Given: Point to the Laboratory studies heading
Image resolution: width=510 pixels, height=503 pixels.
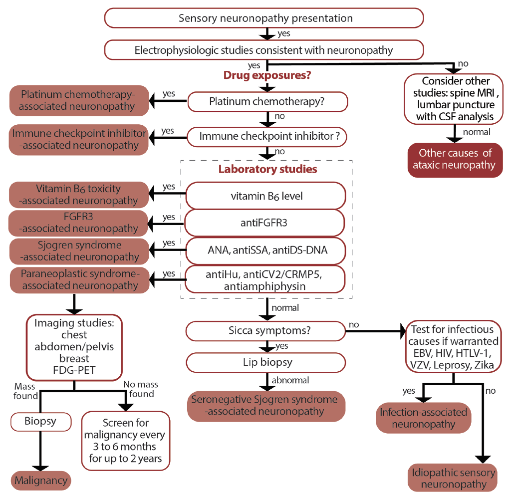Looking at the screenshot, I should pyautogui.click(x=267, y=169).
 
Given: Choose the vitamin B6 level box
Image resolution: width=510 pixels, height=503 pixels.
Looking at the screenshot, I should pyautogui.click(x=266, y=196).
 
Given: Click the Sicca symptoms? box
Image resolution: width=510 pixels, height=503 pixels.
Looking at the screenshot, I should pyautogui.click(x=266, y=330).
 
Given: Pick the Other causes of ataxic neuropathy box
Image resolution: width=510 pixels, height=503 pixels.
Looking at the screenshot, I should pyautogui.click(x=454, y=160).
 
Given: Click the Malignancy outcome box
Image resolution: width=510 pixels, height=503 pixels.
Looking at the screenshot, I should pyautogui.click(x=41, y=481).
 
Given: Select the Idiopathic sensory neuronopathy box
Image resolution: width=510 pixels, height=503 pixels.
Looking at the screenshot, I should pyautogui.click(x=454, y=478).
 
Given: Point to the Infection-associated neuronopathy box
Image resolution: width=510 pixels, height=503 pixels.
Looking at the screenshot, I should pyautogui.click(x=424, y=418).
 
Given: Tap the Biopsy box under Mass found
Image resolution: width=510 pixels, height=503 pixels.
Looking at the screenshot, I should pyautogui.click(x=41, y=421).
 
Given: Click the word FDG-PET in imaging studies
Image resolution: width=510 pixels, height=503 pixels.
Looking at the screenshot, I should pyautogui.click(x=75, y=369).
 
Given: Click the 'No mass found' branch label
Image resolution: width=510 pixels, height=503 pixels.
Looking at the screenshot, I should pyautogui.click(x=139, y=389).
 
